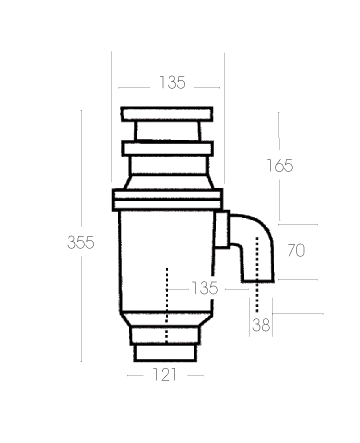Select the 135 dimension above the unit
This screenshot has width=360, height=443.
[x=173, y=83]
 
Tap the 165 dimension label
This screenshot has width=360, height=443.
[x=281, y=165]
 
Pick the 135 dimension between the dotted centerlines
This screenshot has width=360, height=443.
[x=204, y=288]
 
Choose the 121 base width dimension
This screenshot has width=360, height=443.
[x=166, y=375]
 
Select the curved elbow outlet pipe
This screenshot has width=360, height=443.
[x=258, y=248]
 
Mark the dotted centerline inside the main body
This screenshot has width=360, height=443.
[x=165, y=300]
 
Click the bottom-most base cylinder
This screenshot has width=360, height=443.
[x=166, y=350]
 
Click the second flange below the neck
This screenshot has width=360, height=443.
[x=167, y=149]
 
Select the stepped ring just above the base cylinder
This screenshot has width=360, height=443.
[x=166, y=330]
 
